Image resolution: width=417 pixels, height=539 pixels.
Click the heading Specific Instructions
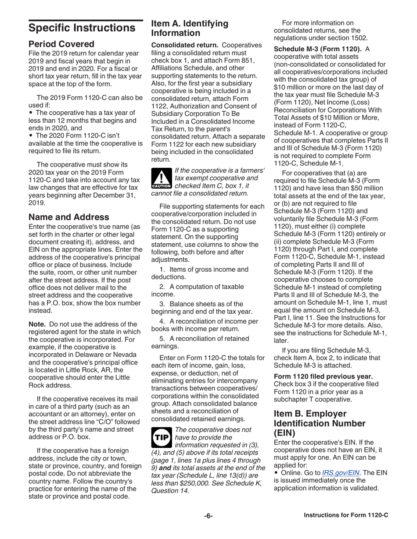coord(82,28)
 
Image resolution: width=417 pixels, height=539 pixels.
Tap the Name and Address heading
coord(69,217)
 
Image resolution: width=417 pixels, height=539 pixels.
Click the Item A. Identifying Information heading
coord(190,28)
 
